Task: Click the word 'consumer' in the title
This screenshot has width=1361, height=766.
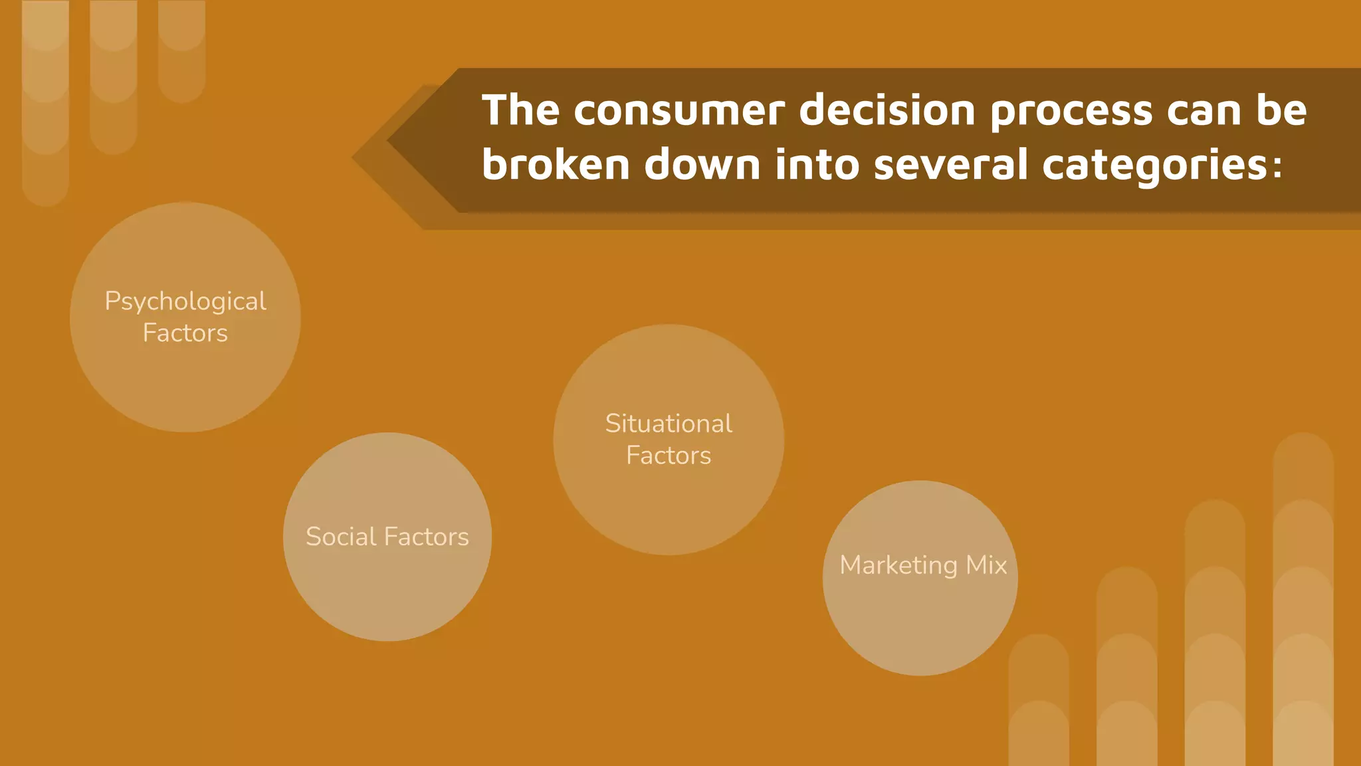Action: [679, 111]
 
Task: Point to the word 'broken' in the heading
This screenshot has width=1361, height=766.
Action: [556, 164]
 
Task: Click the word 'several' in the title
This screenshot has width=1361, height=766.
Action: [950, 164]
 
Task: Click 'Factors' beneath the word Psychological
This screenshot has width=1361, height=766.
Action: [185, 333]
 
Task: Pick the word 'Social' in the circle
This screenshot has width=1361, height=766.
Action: [340, 537]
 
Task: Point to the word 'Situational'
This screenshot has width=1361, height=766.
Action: [669, 424]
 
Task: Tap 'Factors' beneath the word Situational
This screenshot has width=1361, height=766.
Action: [669, 456]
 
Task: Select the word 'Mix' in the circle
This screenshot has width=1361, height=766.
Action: [987, 565]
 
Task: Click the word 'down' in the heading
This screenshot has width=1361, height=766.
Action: [702, 164]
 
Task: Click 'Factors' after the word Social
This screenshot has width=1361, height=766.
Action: [427, 537]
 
